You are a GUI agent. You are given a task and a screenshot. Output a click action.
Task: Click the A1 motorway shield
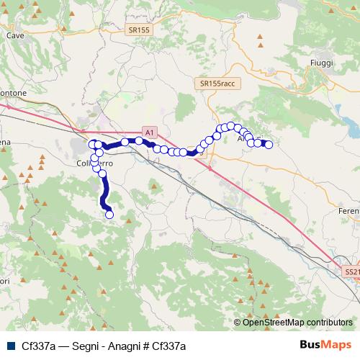pos(148,133)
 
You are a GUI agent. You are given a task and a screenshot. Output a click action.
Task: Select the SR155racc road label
pos(217,84)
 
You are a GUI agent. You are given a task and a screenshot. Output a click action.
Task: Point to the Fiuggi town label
pos(321,63)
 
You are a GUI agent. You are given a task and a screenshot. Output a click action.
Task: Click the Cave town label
pos(14,34)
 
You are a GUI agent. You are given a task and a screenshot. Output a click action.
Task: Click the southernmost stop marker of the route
pos(109,214)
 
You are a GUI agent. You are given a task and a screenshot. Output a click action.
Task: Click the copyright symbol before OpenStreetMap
pos(238,323)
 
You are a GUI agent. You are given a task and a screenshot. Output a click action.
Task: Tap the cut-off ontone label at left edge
pos(13,94)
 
